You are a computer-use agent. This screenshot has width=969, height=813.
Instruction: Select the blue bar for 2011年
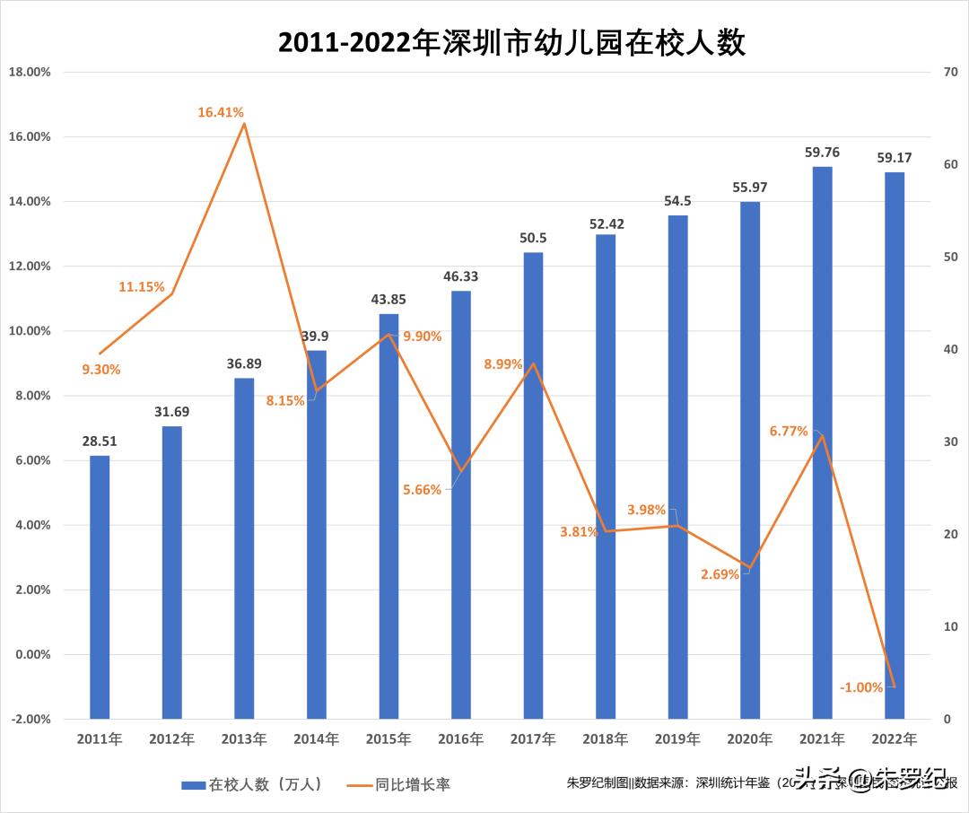click(x=100, y=587)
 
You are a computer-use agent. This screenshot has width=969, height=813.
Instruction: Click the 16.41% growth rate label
click(x=221, y=112)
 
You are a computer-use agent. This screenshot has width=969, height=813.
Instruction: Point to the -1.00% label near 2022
click(x=861, y=687)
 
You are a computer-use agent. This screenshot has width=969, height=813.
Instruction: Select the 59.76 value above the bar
click(x=822, y=152)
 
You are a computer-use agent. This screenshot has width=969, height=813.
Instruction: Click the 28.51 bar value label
click(x=100, y=441)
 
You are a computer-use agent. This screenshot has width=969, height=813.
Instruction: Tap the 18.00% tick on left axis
click(x=30, y=72)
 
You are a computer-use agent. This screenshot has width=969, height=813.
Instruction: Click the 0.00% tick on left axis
click(x=32, y=654)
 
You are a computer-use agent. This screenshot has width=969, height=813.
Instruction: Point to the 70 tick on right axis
click(x=950, y=72)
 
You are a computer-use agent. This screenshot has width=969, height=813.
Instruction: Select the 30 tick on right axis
click(x=950, y=441)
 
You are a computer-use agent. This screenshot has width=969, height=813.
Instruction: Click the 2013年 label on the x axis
click(x=244, y=739)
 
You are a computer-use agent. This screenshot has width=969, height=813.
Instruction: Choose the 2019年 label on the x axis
click(x=677, y=739)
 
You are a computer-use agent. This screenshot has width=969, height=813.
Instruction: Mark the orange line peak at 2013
click(x=244, y=124)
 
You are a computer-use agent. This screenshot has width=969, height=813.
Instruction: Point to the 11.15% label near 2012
click(x=142, y=287)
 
